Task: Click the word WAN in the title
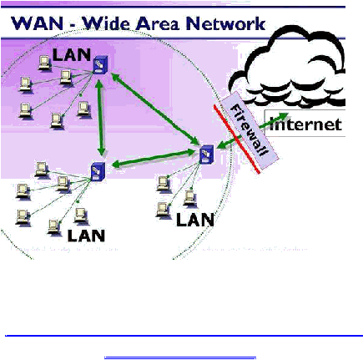tap(37, 23)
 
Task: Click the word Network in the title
tap(225, 23)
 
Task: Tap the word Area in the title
tap(158, 23)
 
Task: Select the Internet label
tap(305, 124)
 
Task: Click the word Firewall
tap(250, 130)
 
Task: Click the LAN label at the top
tap(72, 55)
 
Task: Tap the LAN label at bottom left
tap(86, 236)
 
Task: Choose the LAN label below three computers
tap(195, 220)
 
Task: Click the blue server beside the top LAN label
tap(100, 65)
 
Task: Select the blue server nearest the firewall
tap(207, 154)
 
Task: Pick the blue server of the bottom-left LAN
tap(98, 171)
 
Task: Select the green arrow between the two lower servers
tap(154, 158)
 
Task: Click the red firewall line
tap(237, 139)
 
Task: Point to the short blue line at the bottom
tap(180, 357)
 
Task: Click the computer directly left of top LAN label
tap(44, 63)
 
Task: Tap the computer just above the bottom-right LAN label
tap(190, 199)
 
